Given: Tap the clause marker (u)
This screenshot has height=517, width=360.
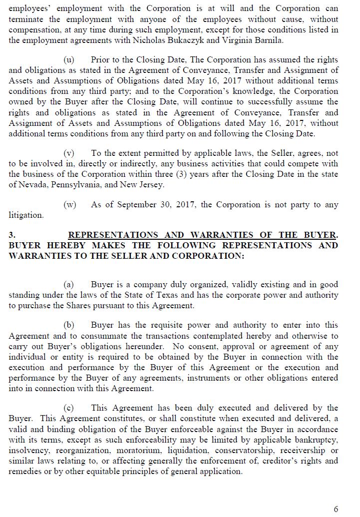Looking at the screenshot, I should coord(69,60).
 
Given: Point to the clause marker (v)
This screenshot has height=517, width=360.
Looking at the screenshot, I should coord(69,153).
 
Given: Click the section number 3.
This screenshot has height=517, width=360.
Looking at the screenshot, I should coord(12,235).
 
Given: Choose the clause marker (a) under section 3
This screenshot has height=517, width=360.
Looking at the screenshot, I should coord(69,285).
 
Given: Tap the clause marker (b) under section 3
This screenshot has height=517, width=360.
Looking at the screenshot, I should coord(69,325).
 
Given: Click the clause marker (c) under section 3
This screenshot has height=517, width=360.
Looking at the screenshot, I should coord(69,408).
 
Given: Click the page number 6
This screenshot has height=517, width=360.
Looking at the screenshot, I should coord(336,509).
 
